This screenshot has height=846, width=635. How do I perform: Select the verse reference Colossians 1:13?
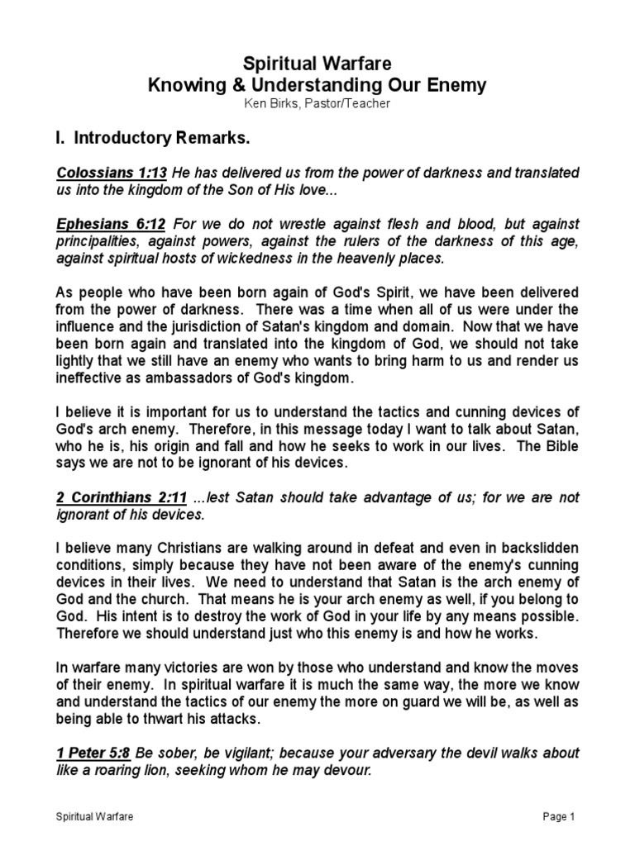[112, 172]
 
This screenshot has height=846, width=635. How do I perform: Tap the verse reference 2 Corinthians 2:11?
[120, 497]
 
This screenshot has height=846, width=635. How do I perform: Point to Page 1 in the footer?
[558, 817]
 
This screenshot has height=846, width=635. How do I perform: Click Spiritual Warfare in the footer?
[95, 817]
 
